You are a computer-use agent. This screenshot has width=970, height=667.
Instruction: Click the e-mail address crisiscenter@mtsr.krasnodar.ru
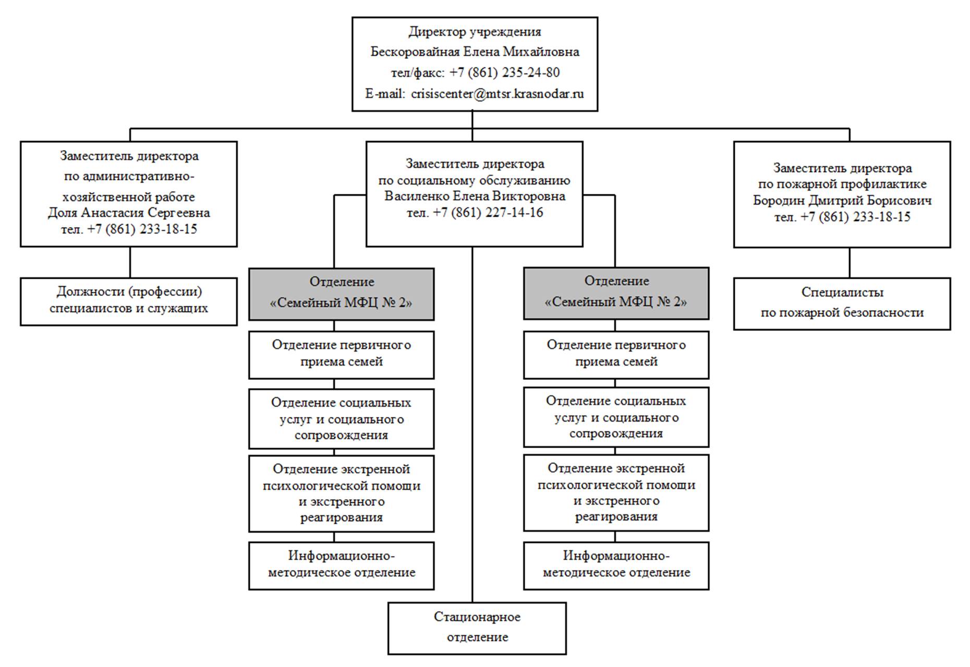[x=497, y=94]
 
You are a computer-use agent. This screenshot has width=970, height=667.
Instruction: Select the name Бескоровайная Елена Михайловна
[x=475, y=52]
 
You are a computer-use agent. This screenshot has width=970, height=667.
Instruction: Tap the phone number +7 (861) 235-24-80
[x=504, y=72]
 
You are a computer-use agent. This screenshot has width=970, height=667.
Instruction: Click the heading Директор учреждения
[x=475, y=31]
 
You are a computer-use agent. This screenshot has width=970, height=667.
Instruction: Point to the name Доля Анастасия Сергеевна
[x=129, y=213]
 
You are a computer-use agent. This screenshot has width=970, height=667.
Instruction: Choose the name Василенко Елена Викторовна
[x=475, y=196]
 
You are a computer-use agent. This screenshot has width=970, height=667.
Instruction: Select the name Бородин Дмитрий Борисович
[x=842, y=200]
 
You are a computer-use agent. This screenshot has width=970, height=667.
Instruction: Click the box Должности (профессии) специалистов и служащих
[x=129, y=301]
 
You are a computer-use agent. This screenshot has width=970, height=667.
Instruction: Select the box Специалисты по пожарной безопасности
[x=842, y=303]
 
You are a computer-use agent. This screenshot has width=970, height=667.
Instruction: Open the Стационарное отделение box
[x=477, y=628]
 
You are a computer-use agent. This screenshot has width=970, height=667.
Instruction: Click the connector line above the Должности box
[x=130, y=262]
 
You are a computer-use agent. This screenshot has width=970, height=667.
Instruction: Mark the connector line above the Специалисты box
[x=850, y=263]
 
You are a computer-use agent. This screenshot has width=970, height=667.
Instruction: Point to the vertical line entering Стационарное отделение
[x=472, y=425]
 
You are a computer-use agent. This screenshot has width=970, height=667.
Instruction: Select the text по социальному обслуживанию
[x=475, y=180]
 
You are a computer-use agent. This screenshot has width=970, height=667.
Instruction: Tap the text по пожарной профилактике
[x=842, y=184]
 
